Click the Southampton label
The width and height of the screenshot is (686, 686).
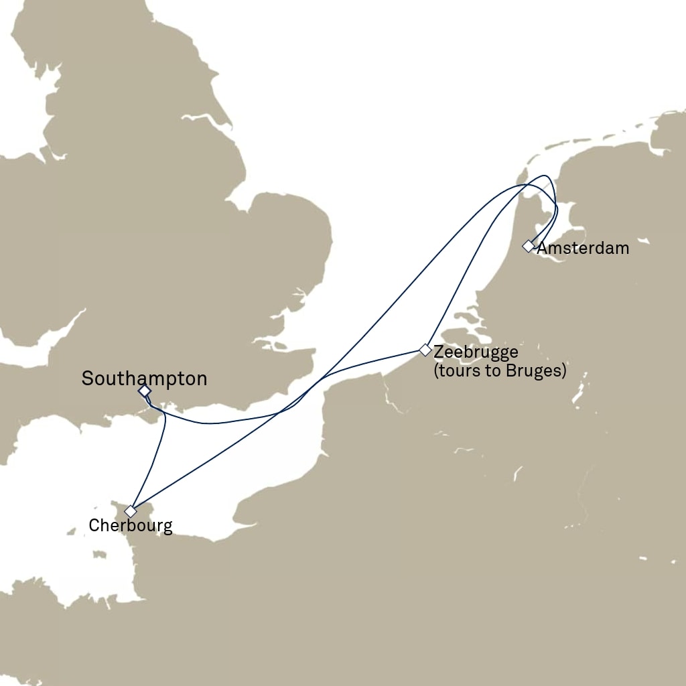pyautogui.click(x=144, y=379)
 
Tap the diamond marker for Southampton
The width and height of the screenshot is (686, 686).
pyautogui.click(x=144, y=391)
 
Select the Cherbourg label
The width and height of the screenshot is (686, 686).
pyautogui.click(x=131, y=526)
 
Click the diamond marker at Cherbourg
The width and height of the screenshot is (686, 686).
pyautogui.click(x=131, y=511)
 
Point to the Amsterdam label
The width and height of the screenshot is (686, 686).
pyautogui.click(x=583, y=249)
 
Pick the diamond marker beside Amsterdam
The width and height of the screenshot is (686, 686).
pyautogui.click(x=529, y=247)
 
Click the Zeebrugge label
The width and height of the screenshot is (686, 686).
pyautogui.click(x=476, y=351)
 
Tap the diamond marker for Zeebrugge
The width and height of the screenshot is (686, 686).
pyautogui.click(x=425, y=350)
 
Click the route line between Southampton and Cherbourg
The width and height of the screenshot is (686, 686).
pyautogui.click(x=158, y=456)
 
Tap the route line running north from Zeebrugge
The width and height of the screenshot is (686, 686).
pyautogui.click(x=462, y=281)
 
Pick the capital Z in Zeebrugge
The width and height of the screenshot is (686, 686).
pyautogui.click(x=439, y=351)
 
